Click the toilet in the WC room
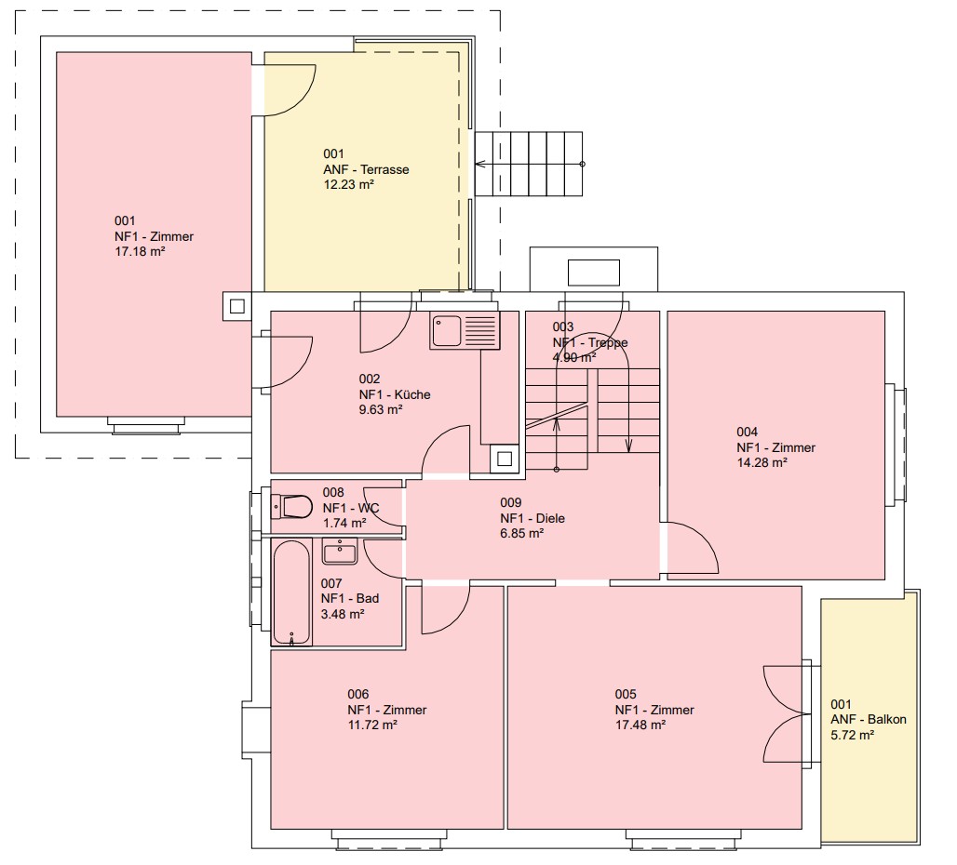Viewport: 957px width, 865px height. pos(291,507)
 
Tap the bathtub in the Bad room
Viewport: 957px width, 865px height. pos(291,592)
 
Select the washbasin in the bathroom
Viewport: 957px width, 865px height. pos(340,552)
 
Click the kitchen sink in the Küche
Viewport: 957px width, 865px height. pos(465,331)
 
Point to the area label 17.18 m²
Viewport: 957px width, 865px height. pos(140,251)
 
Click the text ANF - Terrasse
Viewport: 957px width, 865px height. pos(366,169)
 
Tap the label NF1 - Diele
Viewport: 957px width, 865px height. pos(532,518)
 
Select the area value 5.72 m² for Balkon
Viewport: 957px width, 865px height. pos(852,735)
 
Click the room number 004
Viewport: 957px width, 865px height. pos(747,432)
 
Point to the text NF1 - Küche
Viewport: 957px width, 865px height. pos(395,394)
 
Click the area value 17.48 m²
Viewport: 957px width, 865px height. pos(640,725)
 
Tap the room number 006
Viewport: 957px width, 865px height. pos(358,694)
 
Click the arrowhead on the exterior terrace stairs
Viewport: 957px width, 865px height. pos(479,164)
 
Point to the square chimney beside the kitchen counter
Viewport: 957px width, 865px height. pos(505,459)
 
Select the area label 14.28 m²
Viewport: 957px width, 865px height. pos(762,462)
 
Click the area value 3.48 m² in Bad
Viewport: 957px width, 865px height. pos(343,614)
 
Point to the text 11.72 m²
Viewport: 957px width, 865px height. pos(372,725)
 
